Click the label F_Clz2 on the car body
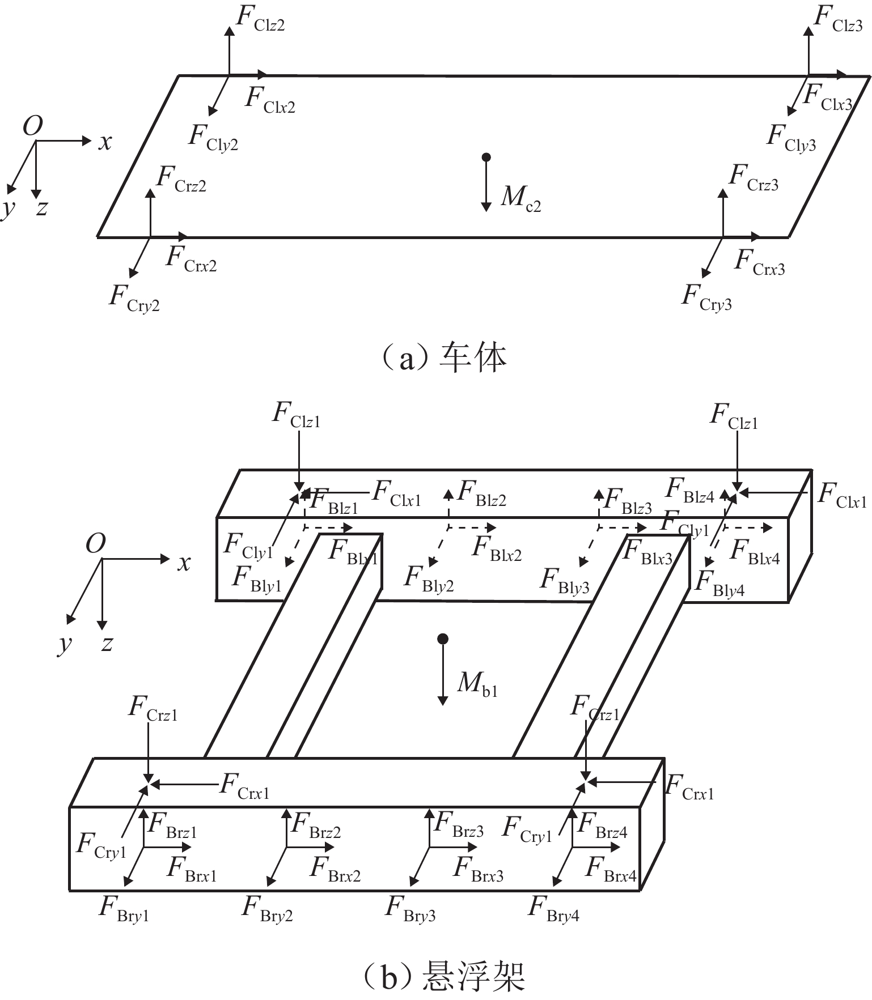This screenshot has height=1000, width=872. pos(260,19)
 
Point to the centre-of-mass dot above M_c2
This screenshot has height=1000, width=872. pos(485,157)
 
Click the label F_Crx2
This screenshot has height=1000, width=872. pos(191,259)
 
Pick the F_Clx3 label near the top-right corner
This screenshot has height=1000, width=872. pos(828,97)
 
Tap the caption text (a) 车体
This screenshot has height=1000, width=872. pos(443,358)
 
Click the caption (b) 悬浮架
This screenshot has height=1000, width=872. pos(443,977)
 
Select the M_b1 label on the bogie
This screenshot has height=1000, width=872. pos(477,684)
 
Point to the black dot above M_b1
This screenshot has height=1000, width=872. pos(443,639)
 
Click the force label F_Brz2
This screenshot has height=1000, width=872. pos(315,825)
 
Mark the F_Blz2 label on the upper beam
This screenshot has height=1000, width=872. pos(481,493)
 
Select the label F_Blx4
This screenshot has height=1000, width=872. pos(755,552)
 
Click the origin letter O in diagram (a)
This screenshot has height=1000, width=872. pos(33,126)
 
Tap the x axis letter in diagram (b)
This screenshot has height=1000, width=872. pos(184,563)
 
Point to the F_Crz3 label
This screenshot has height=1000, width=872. pos(754,178)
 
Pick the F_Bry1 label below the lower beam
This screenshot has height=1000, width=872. pos(124,909)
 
